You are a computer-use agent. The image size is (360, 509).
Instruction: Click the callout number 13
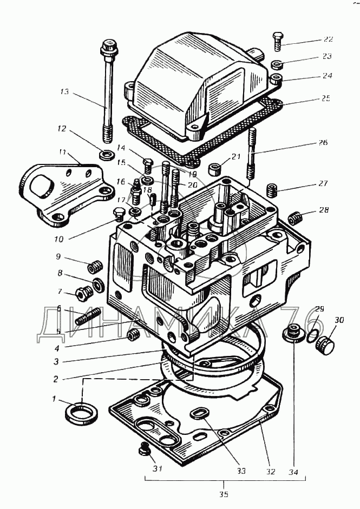coord(64,92)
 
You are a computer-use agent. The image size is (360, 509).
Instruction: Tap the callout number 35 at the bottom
coord(224,494)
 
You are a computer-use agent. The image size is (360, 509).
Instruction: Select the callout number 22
coord(328,39)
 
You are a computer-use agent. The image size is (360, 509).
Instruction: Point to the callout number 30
coord(339,321)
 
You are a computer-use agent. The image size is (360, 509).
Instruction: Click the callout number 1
coord(54,399)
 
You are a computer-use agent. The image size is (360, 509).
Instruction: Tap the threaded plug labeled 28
coord(294,218)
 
